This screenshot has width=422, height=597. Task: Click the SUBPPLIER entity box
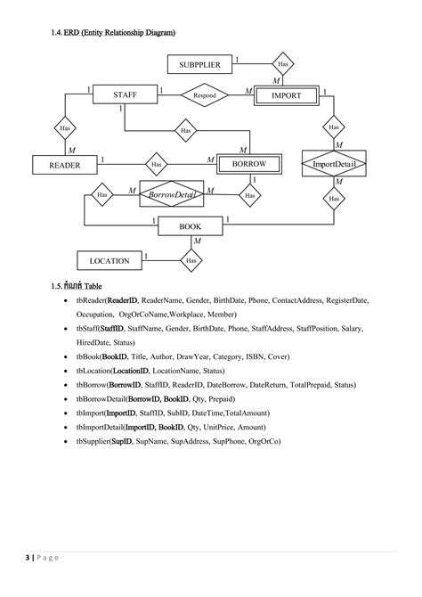(x=200, y=64)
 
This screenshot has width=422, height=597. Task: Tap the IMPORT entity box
(x=286, y=94)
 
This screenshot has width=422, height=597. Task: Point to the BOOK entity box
(x=191, y=226)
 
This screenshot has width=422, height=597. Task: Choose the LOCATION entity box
(x=109, y=261)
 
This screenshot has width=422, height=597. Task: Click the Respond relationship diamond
(x=206, y=94)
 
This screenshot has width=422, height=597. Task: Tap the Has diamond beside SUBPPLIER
(x=283, y=64)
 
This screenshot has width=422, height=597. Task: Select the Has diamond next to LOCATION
(x=191, y=261)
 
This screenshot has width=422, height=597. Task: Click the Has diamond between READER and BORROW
(x=156, y=164)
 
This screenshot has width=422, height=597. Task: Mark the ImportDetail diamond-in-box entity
(x=334, y=165)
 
